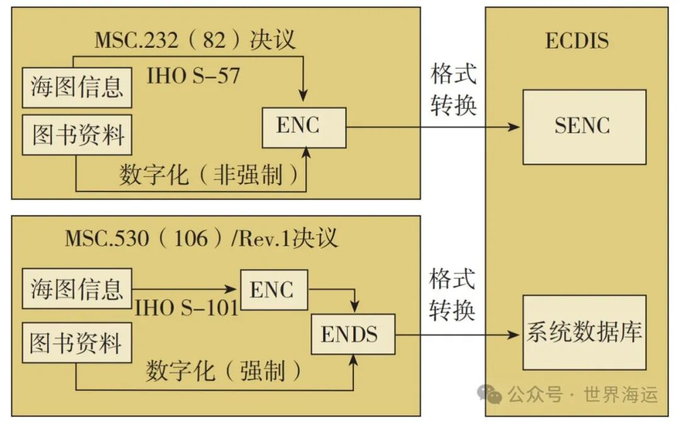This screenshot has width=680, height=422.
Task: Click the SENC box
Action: coord(584,127)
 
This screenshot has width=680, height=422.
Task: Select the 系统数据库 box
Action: coord(584,332)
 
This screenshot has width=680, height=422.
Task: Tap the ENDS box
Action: coord(353,334)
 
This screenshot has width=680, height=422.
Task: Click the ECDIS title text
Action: coord(577,41)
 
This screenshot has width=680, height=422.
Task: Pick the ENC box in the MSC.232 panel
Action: coord(304,127)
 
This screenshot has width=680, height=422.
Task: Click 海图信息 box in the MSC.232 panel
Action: coord(77,88)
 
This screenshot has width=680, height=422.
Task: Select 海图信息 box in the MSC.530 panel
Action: coord(77,289)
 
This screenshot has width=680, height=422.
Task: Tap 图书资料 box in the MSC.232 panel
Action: coord(77,135)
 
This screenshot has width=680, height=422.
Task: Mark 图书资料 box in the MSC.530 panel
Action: coord(77,344)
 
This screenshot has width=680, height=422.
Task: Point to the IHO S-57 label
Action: coord(193,76)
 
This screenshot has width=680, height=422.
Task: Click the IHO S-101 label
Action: coord(187,308)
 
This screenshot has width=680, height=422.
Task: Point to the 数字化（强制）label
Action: coord(224,372)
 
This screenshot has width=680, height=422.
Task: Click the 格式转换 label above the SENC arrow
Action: coord(453,89)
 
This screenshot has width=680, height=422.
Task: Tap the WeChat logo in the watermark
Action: coord(490,394)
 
